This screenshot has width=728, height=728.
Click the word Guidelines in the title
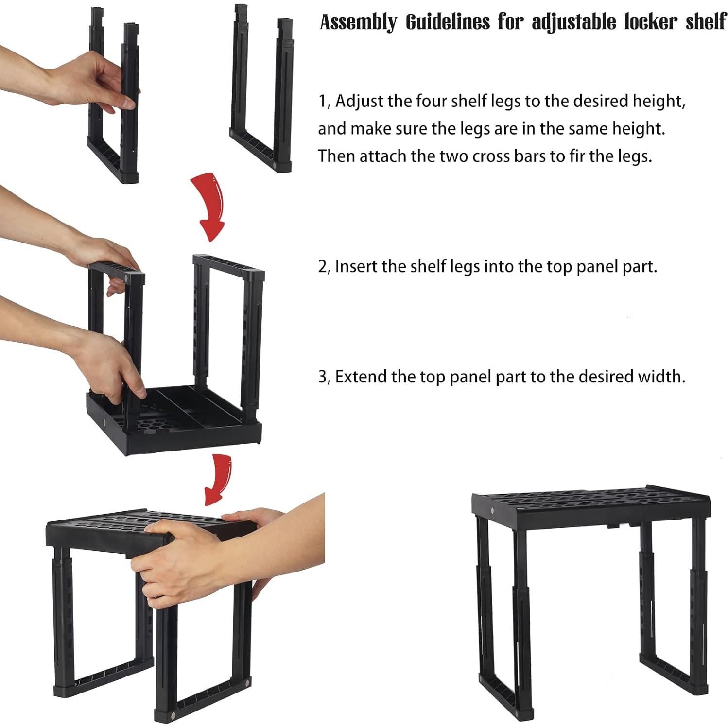click(x=447, y=22)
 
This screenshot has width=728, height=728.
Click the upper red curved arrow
click(x=210, y=204)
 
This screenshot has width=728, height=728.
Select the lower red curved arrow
click(x=218, y=479)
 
